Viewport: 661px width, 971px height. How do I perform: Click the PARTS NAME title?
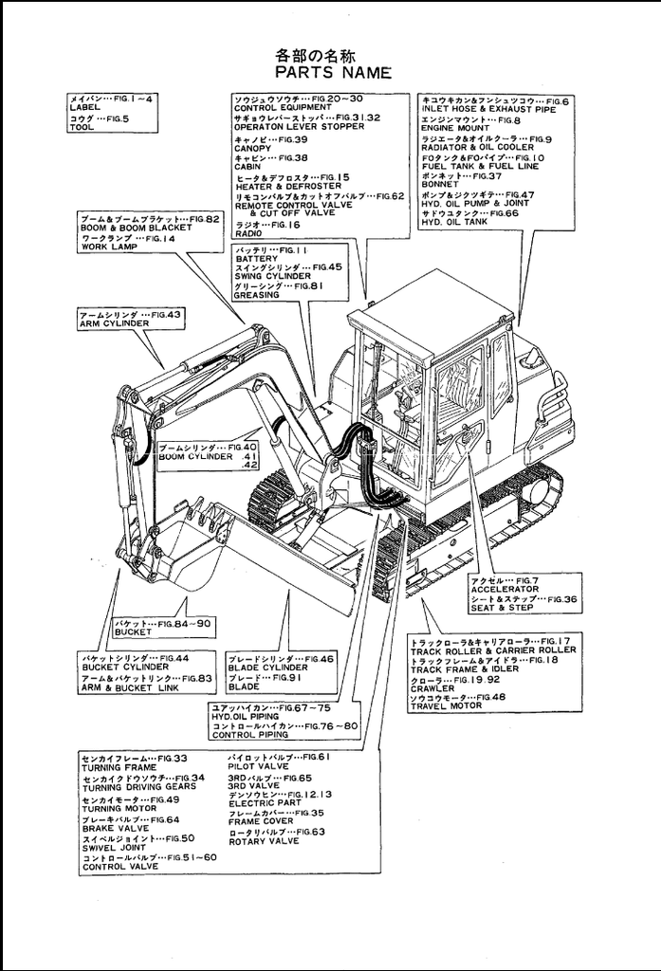coord(333,72)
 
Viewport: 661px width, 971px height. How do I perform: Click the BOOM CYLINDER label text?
coord(195,456)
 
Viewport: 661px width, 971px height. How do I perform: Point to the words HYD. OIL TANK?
coord(454,222)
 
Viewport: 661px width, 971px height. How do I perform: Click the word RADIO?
coord(248,233)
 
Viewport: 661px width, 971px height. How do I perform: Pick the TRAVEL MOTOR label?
coord(445,706)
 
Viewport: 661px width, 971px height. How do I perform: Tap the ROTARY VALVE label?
coord(262,840)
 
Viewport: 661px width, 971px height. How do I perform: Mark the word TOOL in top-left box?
coord(82,126)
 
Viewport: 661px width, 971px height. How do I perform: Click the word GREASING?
coord(257,295)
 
